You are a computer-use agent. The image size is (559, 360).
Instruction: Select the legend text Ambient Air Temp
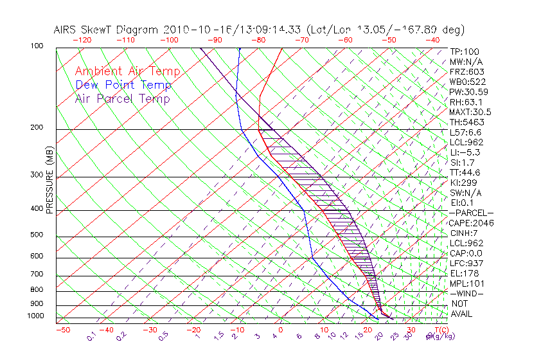pyautogui.click(x=127, y=72)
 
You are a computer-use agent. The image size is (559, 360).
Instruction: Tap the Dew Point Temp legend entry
pyautogui.click(x=123, y=85)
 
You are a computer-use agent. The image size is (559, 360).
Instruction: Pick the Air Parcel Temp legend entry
pyautogui.click(x=122, y=99)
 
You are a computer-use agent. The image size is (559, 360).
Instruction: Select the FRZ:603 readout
pyautogui.click(x=467, y=72)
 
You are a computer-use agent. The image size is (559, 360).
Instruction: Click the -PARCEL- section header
pyautogui.click(x=471, y=213)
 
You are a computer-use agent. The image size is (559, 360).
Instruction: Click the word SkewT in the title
pyautogui.click(x=124, y=30)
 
